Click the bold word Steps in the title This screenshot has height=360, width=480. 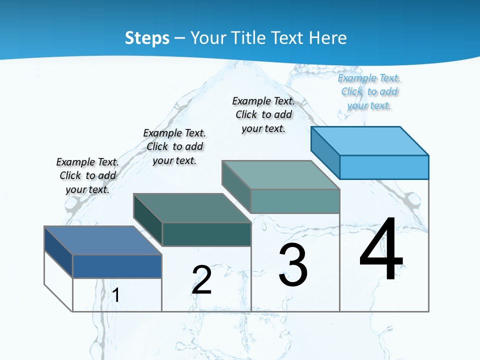(147, 38)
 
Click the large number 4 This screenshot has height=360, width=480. (381, 249)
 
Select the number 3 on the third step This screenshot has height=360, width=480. (293, 265)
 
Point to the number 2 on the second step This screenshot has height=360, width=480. (202, 280)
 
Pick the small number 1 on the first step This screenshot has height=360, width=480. (116, 295)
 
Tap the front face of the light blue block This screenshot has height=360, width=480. (384, 167)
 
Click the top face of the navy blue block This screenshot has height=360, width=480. (103, 240)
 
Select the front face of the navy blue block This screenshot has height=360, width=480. (117, 266)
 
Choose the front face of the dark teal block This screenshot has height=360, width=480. (206, 234)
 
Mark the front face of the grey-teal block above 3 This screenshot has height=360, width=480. (295, 201)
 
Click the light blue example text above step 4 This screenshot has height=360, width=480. (369, 92)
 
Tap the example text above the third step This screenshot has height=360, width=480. (263, 114)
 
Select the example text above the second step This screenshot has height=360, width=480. (174, 146)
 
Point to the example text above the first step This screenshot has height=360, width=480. (87, 175)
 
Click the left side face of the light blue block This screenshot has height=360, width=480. (325, 150)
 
